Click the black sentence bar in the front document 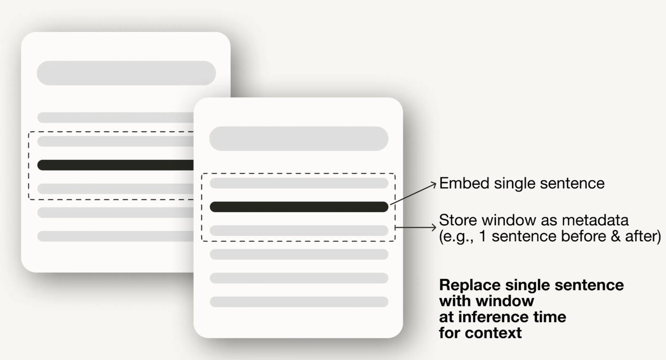tap(299, 207)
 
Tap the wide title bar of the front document tap(299, 138)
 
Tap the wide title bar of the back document tap(126, 73)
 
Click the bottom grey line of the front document tap(299, 302)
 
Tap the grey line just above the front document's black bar tap(299, 183)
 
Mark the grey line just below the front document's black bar tap(299, 230)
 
